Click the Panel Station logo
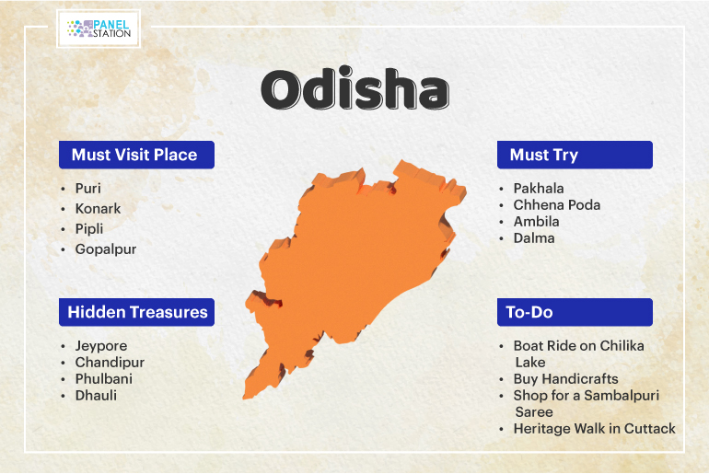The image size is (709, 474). (x=99, y=29)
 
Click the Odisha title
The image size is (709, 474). (x=354, y=89)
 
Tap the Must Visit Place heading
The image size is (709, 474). (x=134, y=155)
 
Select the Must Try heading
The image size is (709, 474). (x=544, y=156)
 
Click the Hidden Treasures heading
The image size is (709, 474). (x=137, y=312)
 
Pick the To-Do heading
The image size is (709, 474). (x=529, y=312)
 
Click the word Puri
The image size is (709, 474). (x=87, y=189)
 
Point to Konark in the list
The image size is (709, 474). (x=98, y=209)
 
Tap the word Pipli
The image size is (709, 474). (x=89, y=229)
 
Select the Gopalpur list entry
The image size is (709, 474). (x=105, y=249)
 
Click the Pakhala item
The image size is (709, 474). (x=539, y=189)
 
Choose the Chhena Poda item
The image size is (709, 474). (x=557, y=205)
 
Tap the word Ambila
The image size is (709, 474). (x=536, y=222)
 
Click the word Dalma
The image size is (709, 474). (x=534, y=238)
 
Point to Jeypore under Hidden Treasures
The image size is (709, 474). (x=101, y=346)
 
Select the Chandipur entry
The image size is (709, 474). (x=110, y=363)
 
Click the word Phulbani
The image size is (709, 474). (x=103, y=378)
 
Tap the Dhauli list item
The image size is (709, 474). (x=96, y=396)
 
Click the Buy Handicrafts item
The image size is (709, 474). (x=565, y=379)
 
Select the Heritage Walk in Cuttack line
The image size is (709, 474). (x=594, y=428)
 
